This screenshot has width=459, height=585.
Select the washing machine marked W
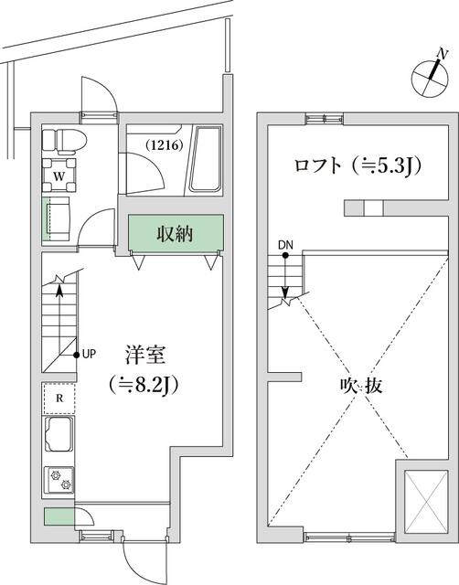(x=58, y=173)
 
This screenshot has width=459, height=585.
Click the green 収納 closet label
(x=176, y=234)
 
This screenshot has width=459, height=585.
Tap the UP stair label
(x=89, y=354)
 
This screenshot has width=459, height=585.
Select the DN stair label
(x=284, y=245)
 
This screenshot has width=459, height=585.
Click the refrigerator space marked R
(x=59, y=398)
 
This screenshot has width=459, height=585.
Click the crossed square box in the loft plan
(x=424, y=499)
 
